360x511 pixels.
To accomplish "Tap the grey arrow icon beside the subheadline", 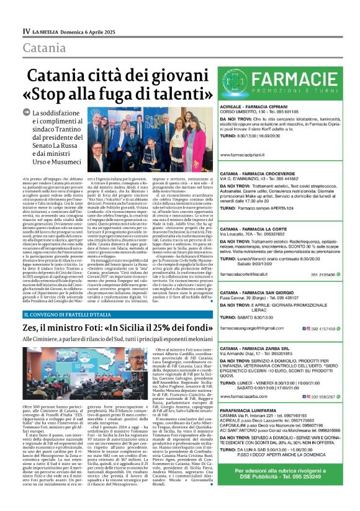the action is [x=26, y=112].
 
